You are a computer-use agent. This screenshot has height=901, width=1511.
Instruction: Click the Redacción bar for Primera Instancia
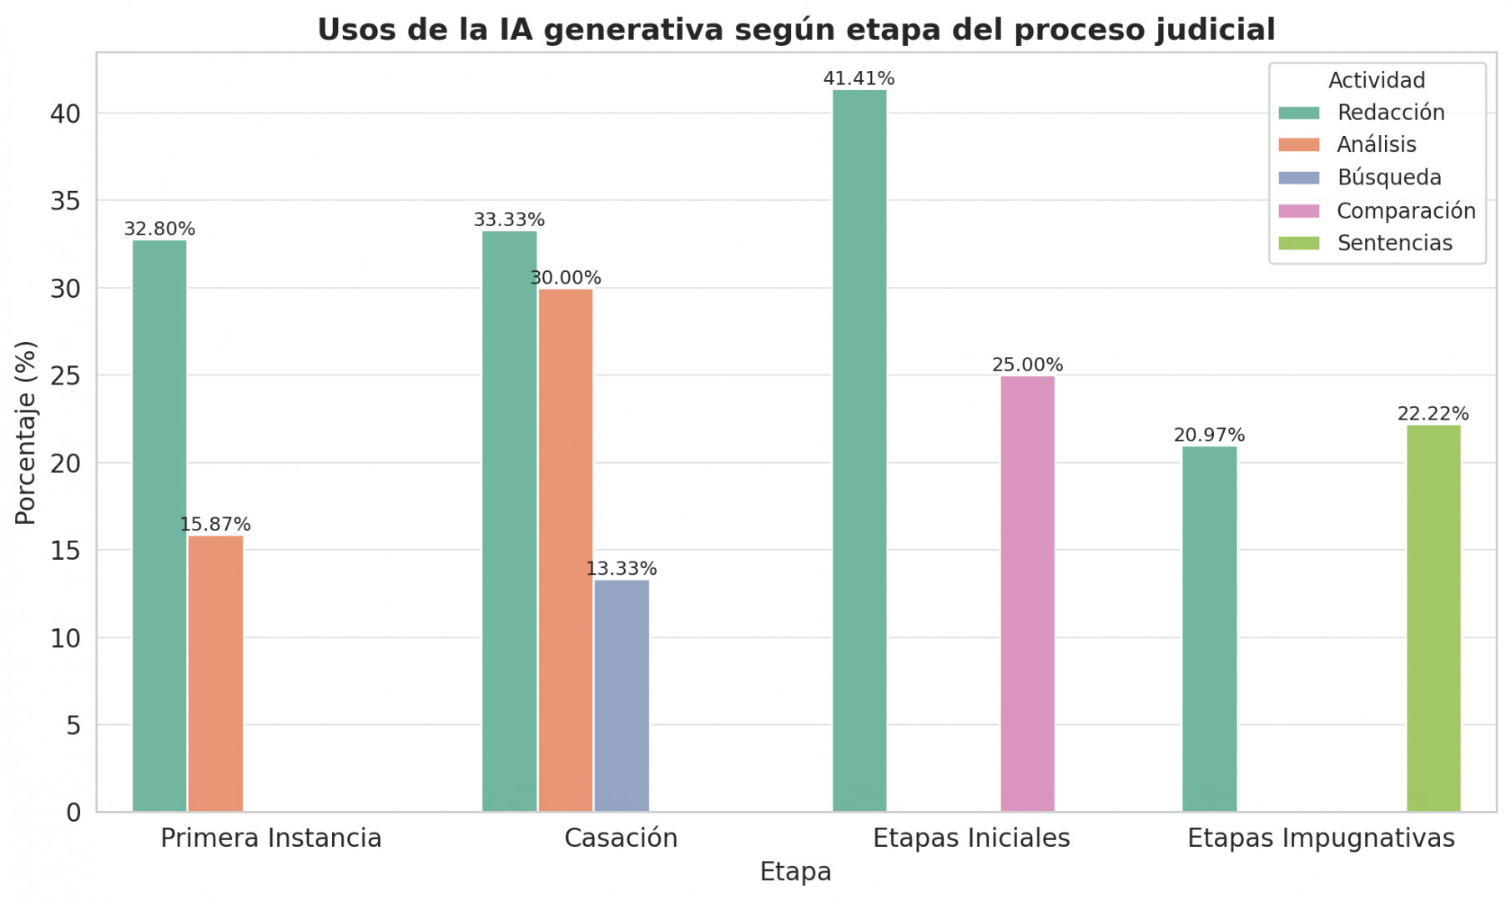pyautogui.click(x=159, y=526)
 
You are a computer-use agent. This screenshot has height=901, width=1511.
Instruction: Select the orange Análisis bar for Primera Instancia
pyautogui.click(x=215, y=673)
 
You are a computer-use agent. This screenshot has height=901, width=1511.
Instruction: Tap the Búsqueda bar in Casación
pyautogui.click(x=622, y=695)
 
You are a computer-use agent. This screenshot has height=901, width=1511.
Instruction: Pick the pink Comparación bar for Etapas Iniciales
pyautogui.click(x=1027, y=593)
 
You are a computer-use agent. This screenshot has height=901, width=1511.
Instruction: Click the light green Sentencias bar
pyautogui.click(x=1433, y=618)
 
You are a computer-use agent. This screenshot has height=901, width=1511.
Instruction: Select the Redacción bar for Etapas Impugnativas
pyautogui.click(x=1209, y=628)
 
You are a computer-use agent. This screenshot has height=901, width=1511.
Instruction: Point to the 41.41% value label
pyautogui.click(x=859, y=78)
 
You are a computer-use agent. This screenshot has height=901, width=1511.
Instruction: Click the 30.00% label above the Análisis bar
pyautogui.click(x=566, y=278)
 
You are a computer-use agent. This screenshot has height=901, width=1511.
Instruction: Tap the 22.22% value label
pyautogui.click(x=1433, y=414)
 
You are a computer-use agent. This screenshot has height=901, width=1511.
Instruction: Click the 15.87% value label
pyautogui.click(x=215, y=524)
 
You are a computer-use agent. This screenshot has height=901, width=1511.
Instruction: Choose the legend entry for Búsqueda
pyautogui.click(x=1388, y=178)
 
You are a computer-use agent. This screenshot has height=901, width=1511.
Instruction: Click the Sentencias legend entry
pyautogui.click(x=1394, y=243)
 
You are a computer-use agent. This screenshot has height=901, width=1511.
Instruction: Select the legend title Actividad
pyautogui.click(x=1376, y=80)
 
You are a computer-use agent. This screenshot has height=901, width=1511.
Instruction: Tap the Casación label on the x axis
pyautogui.click(x=621, y=838)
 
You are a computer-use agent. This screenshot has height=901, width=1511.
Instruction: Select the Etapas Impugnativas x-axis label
pyautogui.click(x=1321, y=838)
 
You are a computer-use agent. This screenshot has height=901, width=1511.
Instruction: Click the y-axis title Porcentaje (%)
pyautogui.click(x=26, y=432)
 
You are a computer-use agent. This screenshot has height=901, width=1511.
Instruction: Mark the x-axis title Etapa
pyautogui.click(x=795, y=872)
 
